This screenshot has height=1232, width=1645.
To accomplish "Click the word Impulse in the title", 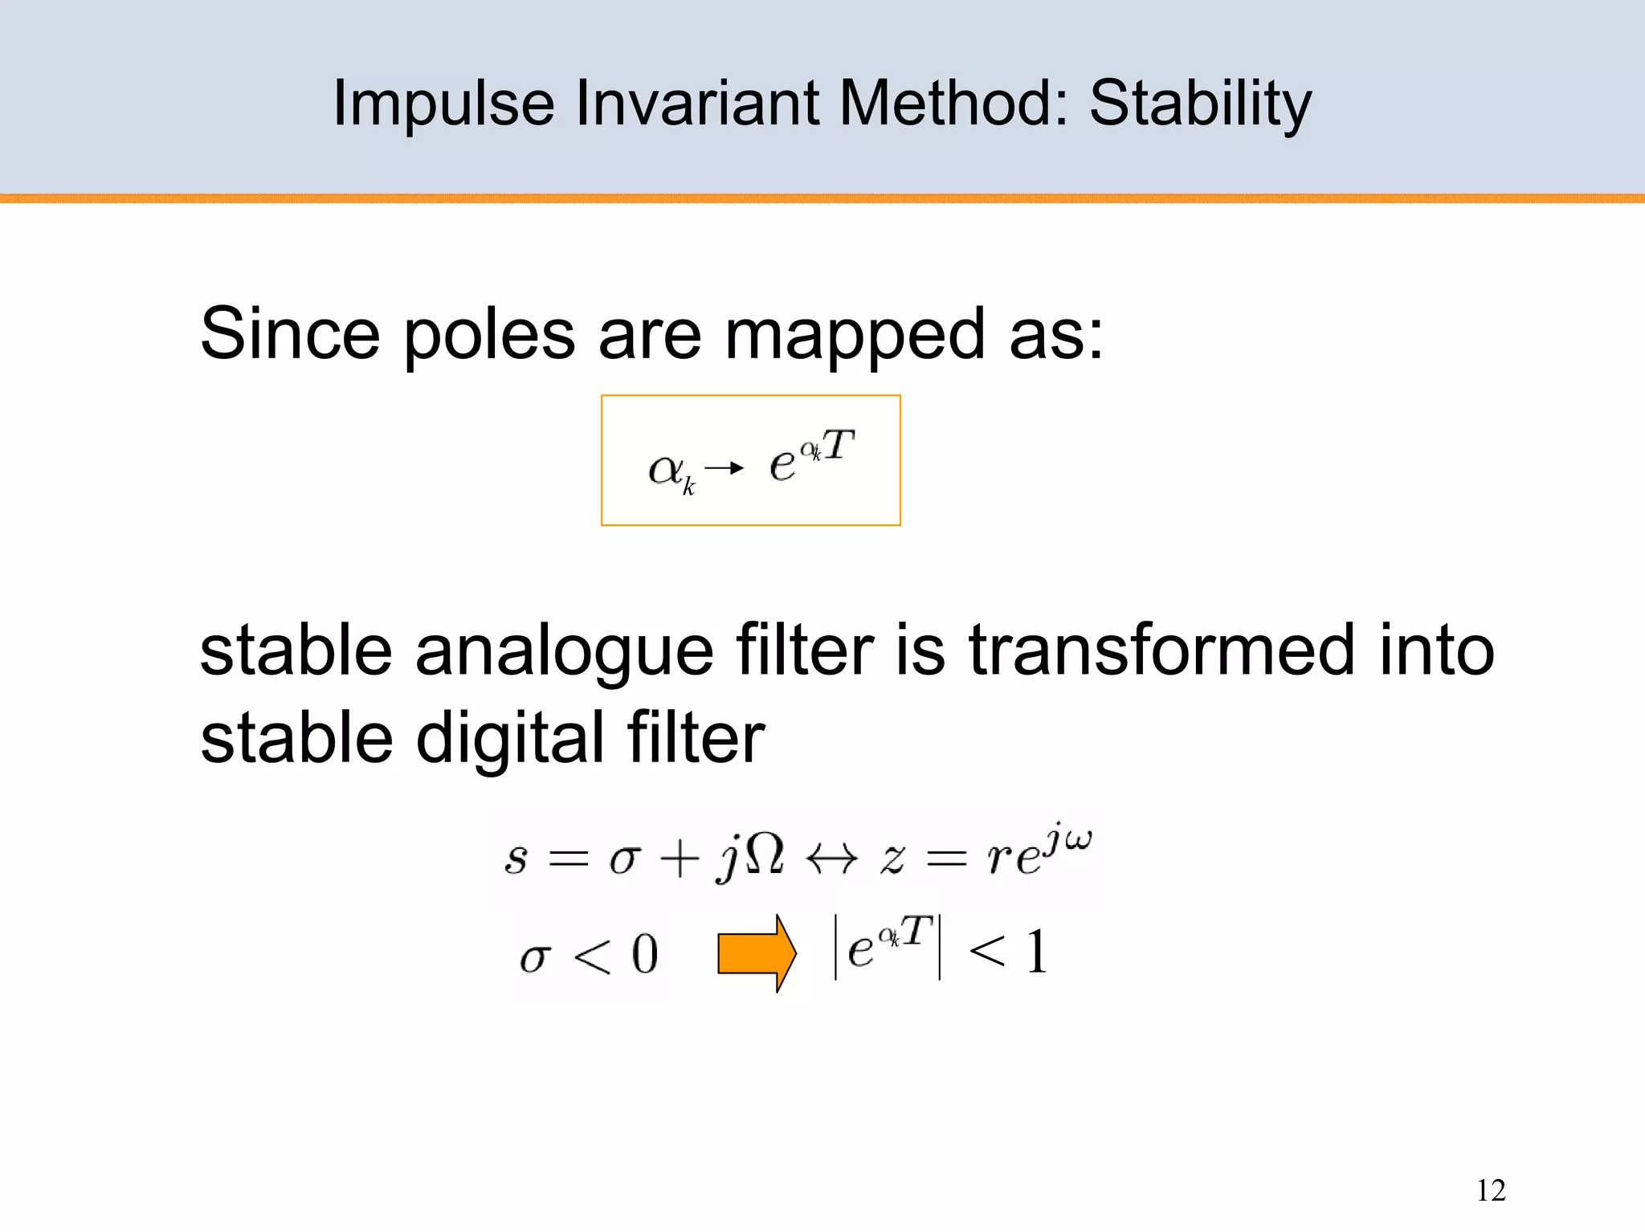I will tap(443, 104).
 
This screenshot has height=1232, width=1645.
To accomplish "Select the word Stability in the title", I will tap(1200, 104).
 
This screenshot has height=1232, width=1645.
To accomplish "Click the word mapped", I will tap(854, 336).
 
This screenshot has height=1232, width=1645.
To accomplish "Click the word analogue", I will tap(564, 652).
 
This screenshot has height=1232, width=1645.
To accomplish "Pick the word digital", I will tap(509, 739).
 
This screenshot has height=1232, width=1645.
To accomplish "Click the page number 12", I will tap(1491, 1190).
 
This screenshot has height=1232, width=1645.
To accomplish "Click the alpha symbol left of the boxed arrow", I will tap(667, 469).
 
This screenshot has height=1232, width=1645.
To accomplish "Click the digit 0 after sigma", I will tap(644, 955).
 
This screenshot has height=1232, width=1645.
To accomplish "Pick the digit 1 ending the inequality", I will tap(1037, 953).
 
